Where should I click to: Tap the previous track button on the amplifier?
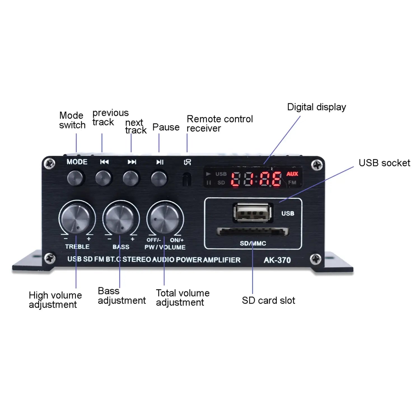[x=103, y=178]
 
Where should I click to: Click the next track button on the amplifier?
[x=131, y=178]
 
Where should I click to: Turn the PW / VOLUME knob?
[x=165, y=218]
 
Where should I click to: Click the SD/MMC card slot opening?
[x=253, y=232]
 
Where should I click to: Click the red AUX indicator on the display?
[x=292, y=174]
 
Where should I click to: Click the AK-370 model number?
[x=277, y=260]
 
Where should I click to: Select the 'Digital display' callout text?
[x=316, y=107]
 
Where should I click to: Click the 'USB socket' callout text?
[x=384, y=163]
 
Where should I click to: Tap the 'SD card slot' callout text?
[x=268, y=300]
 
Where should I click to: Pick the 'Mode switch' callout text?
[x=72, y=120]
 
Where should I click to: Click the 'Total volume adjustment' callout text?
[x=183, y=298]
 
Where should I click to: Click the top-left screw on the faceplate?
[x=50, y=164]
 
